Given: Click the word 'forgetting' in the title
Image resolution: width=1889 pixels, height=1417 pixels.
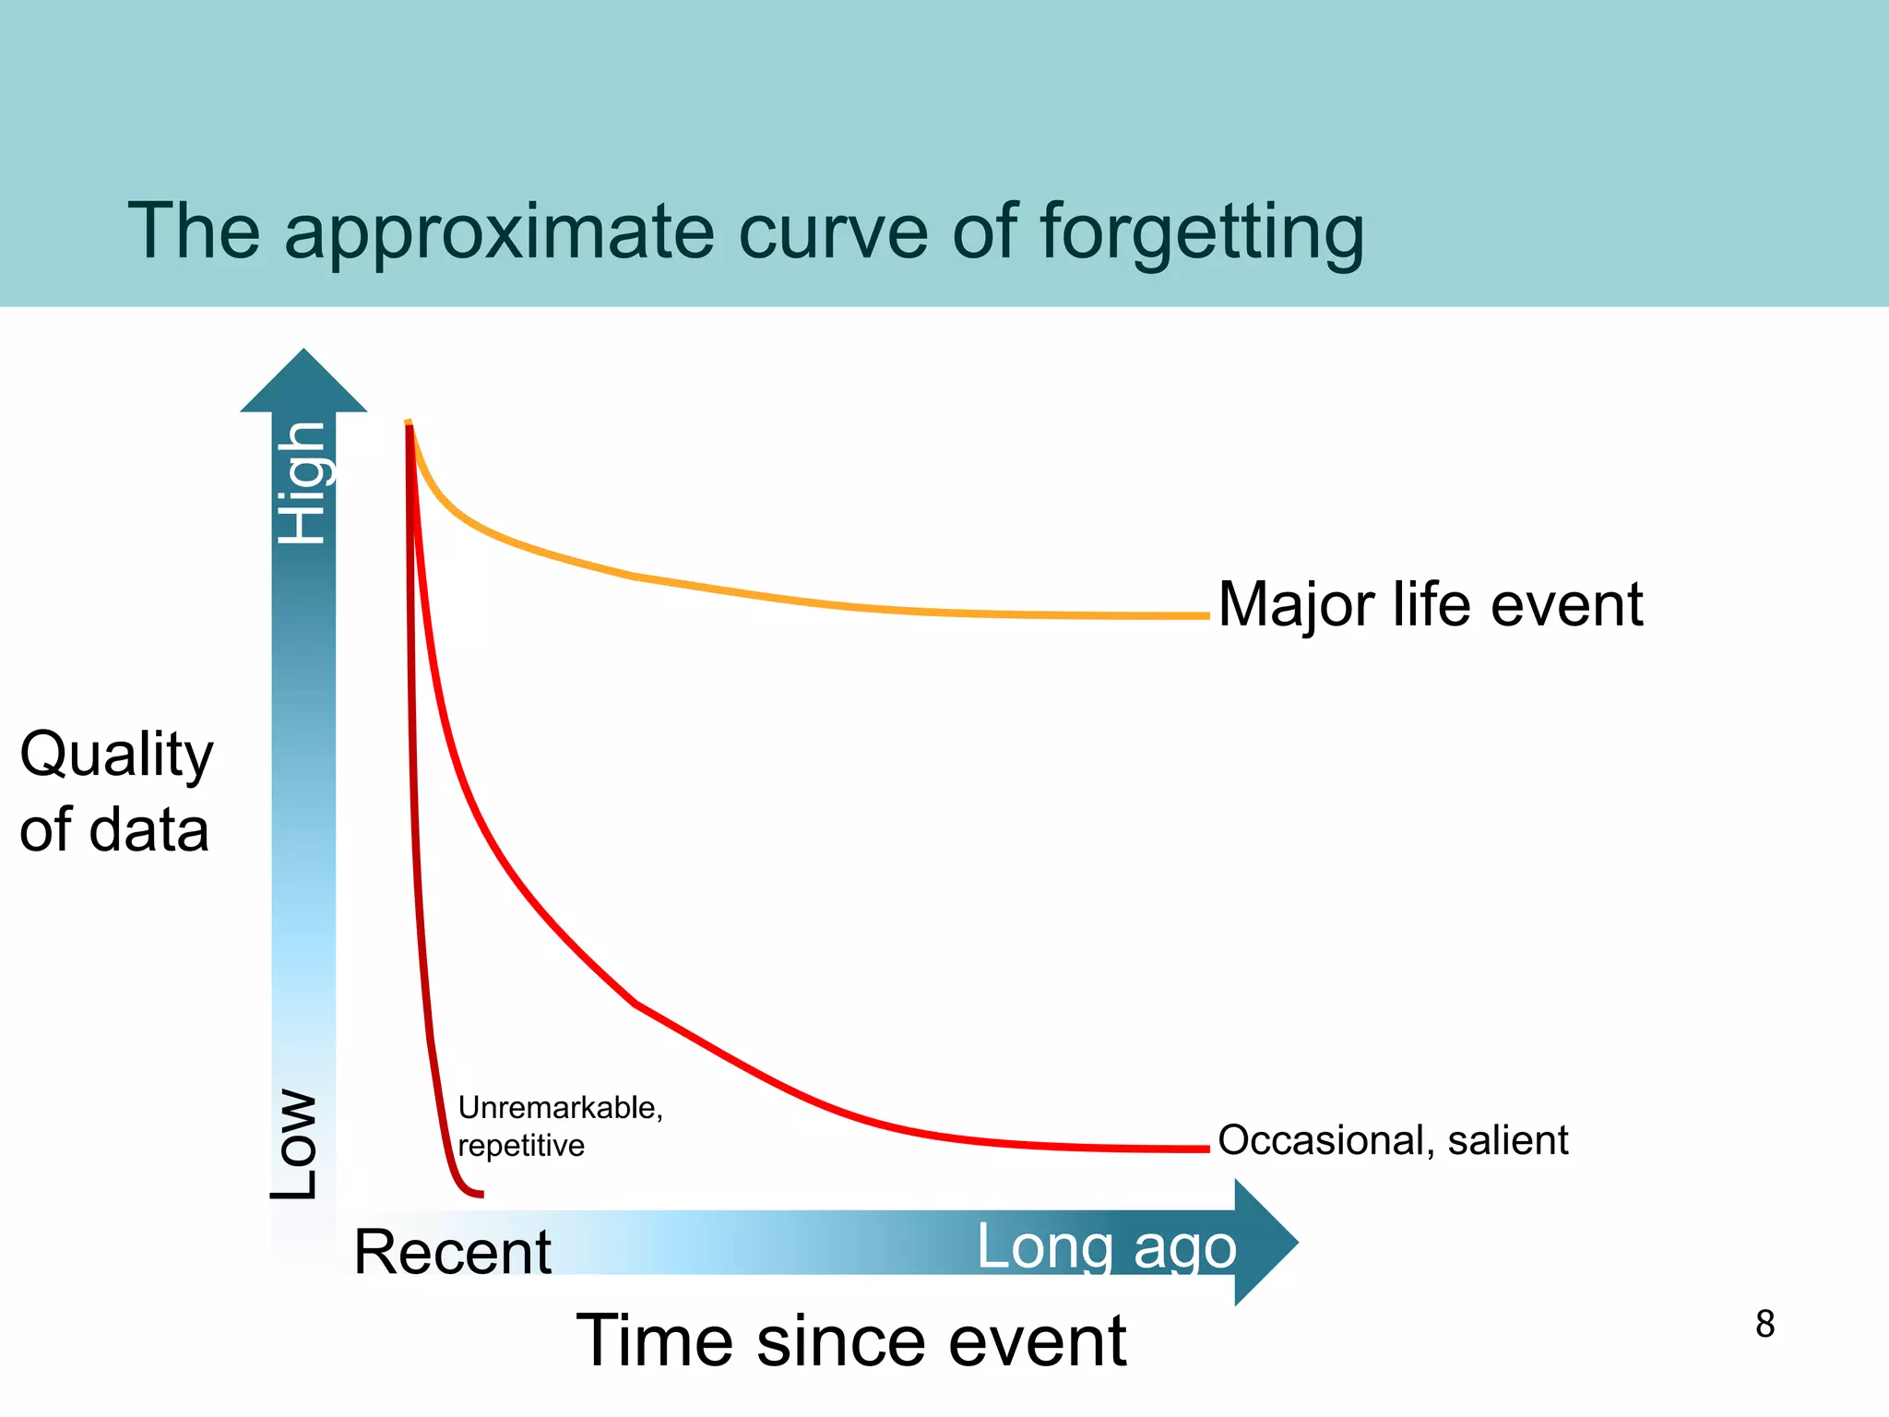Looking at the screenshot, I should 1201,232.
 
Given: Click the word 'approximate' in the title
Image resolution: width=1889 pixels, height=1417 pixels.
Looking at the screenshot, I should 498,232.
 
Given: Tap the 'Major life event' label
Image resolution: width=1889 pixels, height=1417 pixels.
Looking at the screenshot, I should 1430,605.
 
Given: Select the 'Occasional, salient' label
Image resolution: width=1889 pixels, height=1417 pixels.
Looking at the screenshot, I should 1393,1140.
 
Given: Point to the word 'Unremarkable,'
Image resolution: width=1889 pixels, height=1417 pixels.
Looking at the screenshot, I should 560,1107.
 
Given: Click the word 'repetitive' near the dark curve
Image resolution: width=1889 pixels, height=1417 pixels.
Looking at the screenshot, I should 521,1146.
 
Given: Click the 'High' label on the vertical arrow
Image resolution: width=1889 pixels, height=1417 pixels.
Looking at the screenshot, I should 303,482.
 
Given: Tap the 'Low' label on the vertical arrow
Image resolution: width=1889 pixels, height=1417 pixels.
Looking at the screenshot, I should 295,1144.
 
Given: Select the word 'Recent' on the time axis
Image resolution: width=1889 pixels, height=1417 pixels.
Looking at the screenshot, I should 452,1252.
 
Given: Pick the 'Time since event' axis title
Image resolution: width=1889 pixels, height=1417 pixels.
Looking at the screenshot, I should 850,1340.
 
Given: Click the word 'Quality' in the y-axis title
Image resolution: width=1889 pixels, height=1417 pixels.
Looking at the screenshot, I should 116,755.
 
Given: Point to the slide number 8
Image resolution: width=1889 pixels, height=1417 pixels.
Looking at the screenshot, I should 1764,1324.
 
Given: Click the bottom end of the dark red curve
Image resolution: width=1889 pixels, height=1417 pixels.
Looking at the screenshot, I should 480,1195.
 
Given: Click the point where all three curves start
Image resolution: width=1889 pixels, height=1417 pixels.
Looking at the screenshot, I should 409,424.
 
